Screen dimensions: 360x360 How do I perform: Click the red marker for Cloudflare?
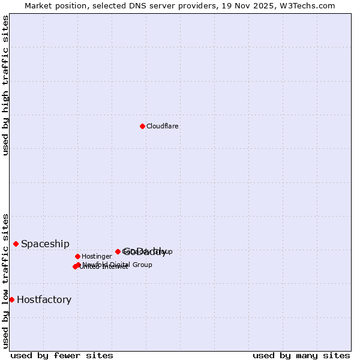coord(142,126)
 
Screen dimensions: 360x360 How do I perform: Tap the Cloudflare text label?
coord(163,126)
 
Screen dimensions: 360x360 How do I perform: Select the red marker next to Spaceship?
coord(16,244)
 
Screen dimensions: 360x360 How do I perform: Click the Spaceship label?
coord(45,244)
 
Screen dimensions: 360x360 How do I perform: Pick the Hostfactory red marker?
coord(11,299)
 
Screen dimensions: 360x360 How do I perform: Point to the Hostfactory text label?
coord(44,299)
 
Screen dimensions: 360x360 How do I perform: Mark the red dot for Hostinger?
coord(77,256)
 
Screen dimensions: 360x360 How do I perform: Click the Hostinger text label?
coord(97,256)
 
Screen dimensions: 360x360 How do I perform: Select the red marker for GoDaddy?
coord(118,251)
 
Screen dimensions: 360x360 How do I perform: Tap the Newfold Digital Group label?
coord(117,265)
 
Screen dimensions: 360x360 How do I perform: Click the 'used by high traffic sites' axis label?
coord(5,85)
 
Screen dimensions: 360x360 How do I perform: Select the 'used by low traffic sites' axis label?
coord(5,280)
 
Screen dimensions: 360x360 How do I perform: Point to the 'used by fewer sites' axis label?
coord(62,355)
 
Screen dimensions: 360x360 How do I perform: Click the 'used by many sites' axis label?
coord(301,355)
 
